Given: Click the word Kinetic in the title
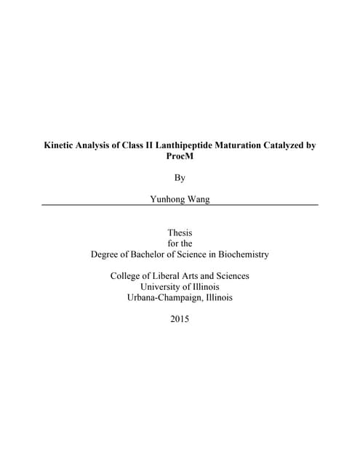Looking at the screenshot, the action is click(x=63, y=145).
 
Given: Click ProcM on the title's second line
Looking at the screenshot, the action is click(x=180, y=156).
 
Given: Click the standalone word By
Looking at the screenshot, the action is click(x=180, y=177).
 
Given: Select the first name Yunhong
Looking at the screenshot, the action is click(x=167, y=198).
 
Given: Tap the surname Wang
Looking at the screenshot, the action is click(x=198, y=198).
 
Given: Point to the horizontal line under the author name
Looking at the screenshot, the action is click(x=180, y=205).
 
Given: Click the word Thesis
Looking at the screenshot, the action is click(x=180, y=232).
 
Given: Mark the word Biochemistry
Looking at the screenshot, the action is click(x=241, y=254).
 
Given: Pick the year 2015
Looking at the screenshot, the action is click(x=180, y=319).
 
